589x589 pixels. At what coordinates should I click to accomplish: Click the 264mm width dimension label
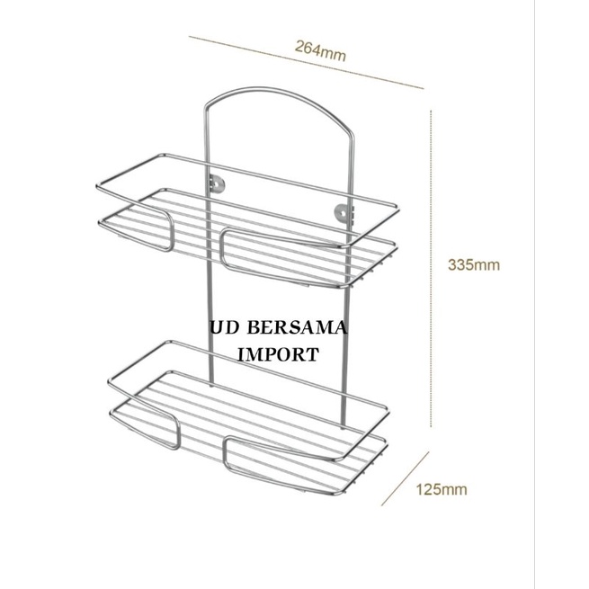[x=320, y=50]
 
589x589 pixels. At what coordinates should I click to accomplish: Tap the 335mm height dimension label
[x=474, y=264]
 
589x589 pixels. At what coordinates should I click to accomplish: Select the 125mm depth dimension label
[x=442, y=489]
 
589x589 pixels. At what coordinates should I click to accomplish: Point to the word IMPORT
[x=279, y=354]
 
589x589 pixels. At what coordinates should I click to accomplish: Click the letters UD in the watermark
[x=224, y=328]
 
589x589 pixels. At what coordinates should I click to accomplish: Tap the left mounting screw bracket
[x=217, y=183]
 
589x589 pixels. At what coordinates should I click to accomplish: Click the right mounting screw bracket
[x=343, y=212]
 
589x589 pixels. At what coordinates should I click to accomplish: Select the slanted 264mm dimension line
[x=306, y=62]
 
